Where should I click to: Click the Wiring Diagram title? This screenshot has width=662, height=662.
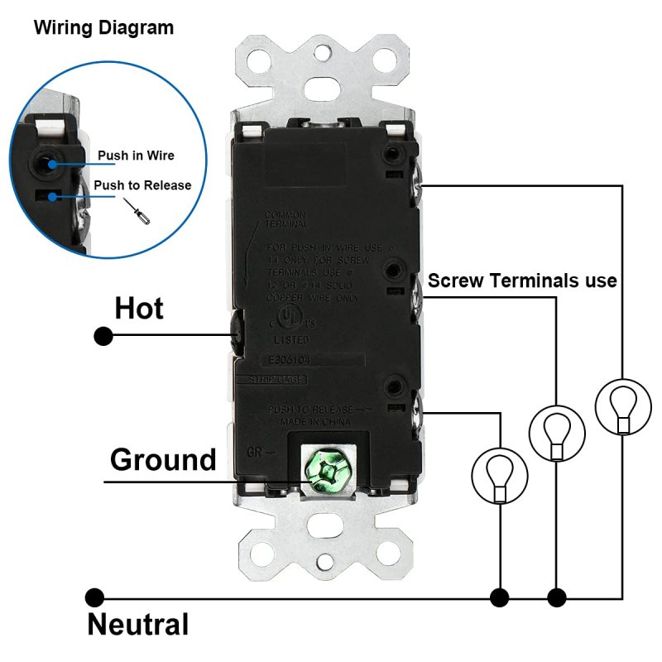103,27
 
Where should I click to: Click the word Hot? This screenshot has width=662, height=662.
139,309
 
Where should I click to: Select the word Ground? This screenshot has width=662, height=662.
163,459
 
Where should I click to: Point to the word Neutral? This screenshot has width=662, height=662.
138,624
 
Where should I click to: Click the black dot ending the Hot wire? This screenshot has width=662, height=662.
103,336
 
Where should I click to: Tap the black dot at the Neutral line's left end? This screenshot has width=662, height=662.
95,597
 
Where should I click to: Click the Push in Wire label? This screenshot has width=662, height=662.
136,156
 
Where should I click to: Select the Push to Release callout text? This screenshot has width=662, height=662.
142,185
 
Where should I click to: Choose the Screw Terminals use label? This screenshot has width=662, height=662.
522,281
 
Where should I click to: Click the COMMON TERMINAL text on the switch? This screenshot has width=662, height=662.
286,219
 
